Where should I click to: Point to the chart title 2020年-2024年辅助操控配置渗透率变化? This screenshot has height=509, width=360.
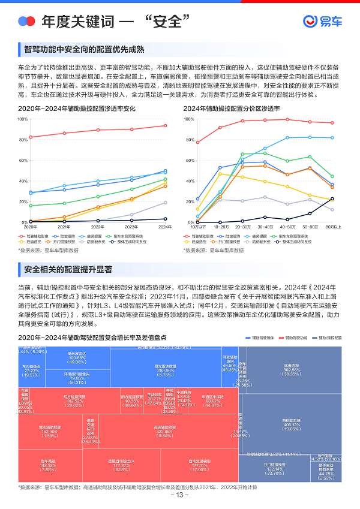tap(77, 109)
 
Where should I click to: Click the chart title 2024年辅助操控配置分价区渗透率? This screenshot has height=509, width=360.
tap(232, 109)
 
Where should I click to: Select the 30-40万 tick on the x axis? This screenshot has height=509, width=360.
tap(265, 227)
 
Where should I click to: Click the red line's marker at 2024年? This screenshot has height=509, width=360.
tap(166, 126)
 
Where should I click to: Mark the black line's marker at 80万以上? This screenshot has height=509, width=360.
tap(332, 199)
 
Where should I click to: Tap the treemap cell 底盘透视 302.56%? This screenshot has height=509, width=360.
tap(292, 371)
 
